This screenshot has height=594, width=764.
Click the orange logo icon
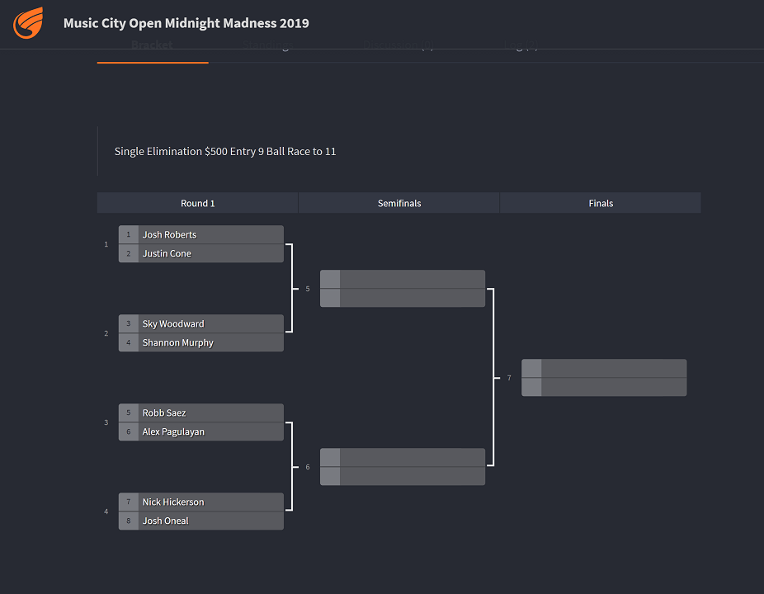pos(27,23)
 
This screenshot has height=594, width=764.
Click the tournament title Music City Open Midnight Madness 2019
pos(186,23)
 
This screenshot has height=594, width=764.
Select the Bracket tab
pos(152,45)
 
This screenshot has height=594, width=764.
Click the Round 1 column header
pos(197,203)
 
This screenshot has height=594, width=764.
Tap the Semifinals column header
pos(399,203)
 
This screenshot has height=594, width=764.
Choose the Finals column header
pos(601,203)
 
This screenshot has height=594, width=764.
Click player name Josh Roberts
pos(169,234)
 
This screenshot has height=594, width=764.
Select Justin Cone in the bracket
pos(167,253)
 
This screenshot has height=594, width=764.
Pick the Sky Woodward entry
pos(172,323)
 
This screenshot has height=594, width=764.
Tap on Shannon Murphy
pos(177,342)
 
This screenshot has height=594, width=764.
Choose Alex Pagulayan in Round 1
pos(173,431)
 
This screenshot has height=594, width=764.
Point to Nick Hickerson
pos(172,502)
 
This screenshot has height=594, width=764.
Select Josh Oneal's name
pos(165,521)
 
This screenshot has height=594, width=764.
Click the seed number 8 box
pos(129,521)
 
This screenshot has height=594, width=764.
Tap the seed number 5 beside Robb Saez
pos(129,412)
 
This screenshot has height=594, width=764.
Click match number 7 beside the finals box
pos(509,378)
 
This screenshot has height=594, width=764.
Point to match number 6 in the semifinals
pos(308,467)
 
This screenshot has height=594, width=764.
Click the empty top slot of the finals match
pos(613,368)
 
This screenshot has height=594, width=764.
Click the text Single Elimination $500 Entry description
pos(225,152)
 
